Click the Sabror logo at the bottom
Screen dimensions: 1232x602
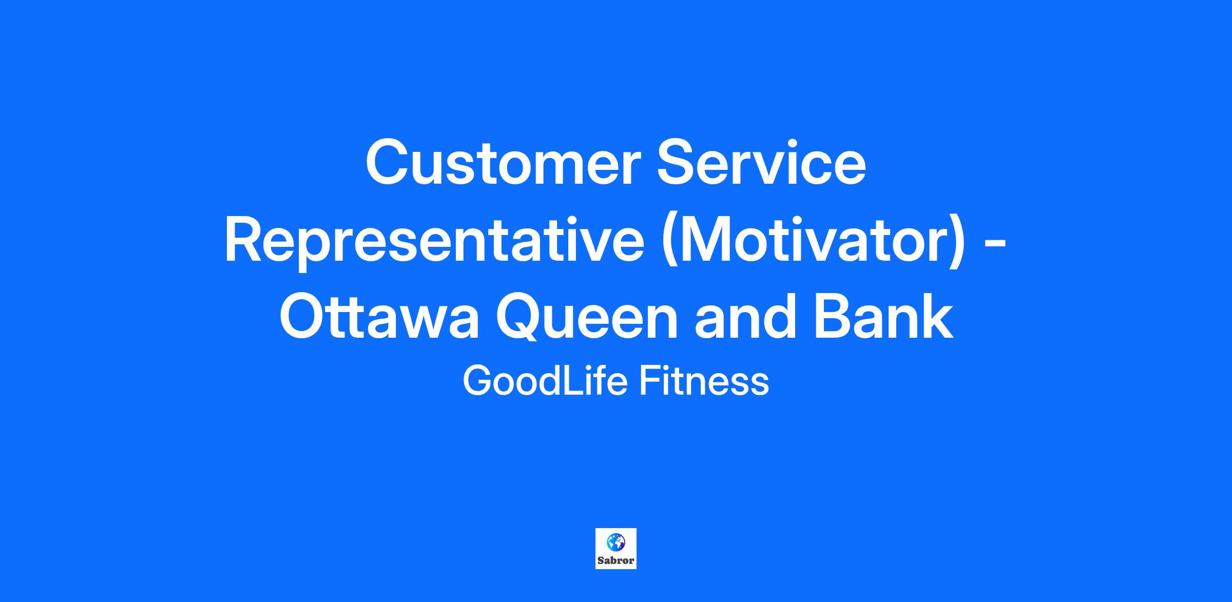[616, 549]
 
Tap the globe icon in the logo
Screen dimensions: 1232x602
[616, 541]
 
